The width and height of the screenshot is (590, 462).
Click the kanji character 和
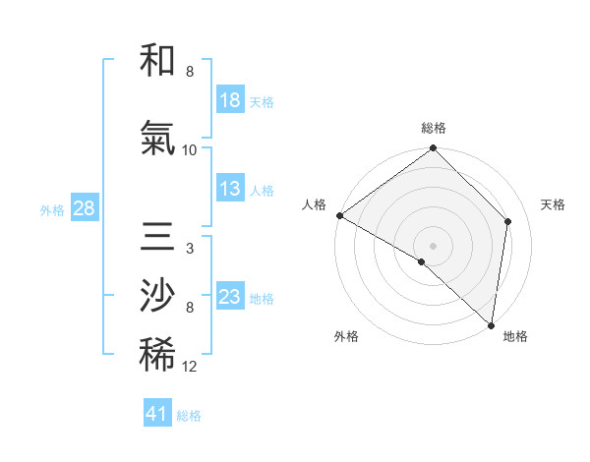(x=157, y=62)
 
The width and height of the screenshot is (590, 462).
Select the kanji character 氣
(x=157, y=141)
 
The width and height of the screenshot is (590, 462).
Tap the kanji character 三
(x=157, y=239)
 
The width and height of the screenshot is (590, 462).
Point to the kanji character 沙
(x=157, y=296)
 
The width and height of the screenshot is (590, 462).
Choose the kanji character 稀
(x=157, y=355)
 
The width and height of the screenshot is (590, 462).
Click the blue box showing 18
(x=230, y=100)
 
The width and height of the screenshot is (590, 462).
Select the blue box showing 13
(x=230, y=190)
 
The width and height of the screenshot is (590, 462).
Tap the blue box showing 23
(x=230, y=297)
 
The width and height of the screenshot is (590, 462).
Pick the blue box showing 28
(x=84, y=208)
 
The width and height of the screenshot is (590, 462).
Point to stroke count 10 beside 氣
(x=190, y=150)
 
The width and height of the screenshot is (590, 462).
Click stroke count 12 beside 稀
(x=190, y=367)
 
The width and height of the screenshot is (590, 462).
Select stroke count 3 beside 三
(x=189, y=249)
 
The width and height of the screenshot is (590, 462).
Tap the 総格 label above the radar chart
(x=434, y=128)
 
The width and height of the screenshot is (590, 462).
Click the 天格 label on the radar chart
(x=554, y=204)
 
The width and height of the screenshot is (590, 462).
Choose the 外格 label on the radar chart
(x=346, y=337)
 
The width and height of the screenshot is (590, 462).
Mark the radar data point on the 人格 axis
(x=339, y=215)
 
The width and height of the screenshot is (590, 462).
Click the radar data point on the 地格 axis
(x=491, y=324)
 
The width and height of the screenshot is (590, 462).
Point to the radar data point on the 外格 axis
(x=422, y=261)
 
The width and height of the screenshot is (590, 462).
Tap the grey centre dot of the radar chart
(x=434, y=246)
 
